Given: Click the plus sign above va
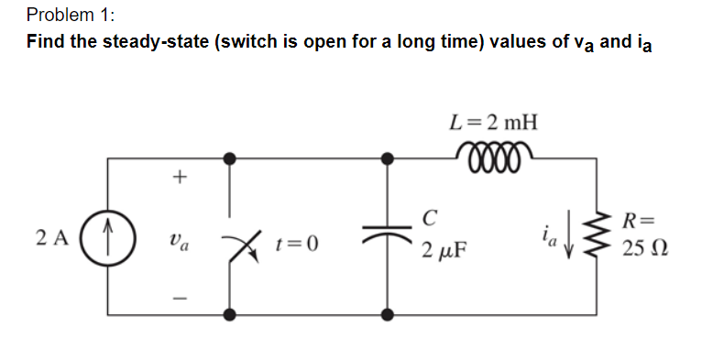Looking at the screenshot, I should [180, 178].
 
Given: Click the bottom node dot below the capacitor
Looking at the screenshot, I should [388, 314].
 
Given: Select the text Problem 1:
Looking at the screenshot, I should [66, 15].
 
